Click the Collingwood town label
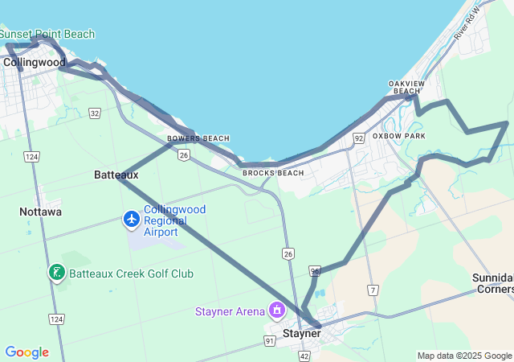coord(35,62)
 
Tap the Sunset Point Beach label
coord(47,34)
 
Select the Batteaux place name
coord(116,175)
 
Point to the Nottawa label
coord(41,212)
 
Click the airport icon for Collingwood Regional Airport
coord(131,218)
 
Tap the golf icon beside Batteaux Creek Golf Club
coord(56,274)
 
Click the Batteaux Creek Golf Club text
coord(131,274)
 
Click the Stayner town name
coord(302,332)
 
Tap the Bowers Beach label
coord(198,138)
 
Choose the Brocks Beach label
coord(273,173)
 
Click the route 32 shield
coord(95,113)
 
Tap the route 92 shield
coord(358,139)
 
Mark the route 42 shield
coord(304,356)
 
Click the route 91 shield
coord(270,341)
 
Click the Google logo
coord(27,352)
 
